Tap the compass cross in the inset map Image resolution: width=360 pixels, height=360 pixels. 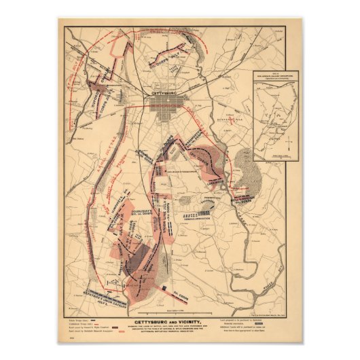[287, 143]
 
